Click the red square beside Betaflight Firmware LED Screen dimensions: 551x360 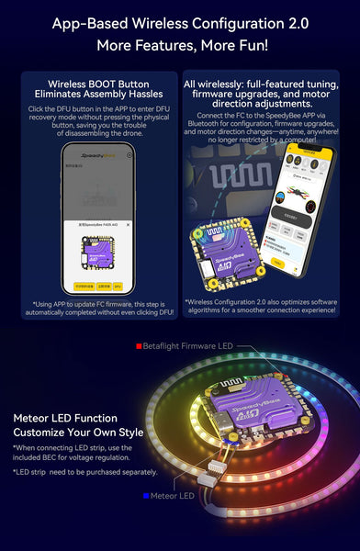pyautogui.click(x=139, y=346)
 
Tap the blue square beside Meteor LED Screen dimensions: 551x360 pyautogui.click(x=145, y=496)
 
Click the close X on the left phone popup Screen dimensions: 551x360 pyautogui.click(x=128, y=224)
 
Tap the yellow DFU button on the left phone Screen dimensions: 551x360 pyautogui.click(x=117, y=286)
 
